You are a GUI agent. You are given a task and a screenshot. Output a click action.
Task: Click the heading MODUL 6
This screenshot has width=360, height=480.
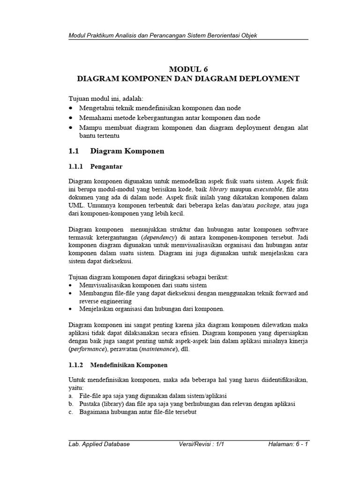click(x=187, y=69)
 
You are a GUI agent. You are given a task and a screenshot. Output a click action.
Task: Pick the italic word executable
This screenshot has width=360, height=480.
click(x=269, y=189)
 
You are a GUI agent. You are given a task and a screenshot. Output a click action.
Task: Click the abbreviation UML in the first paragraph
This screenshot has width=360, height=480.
click(x=76, y=205)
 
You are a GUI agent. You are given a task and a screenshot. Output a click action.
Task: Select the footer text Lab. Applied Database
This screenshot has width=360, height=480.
click(x=99, y=444)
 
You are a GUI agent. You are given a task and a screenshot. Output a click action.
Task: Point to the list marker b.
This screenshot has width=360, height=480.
click(x=70, y=404)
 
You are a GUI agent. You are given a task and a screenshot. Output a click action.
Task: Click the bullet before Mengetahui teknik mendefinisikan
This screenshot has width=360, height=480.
click(x=70, y=108)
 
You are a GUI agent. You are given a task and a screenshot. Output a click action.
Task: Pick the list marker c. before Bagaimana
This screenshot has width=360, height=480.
click(x=70, y=412)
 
